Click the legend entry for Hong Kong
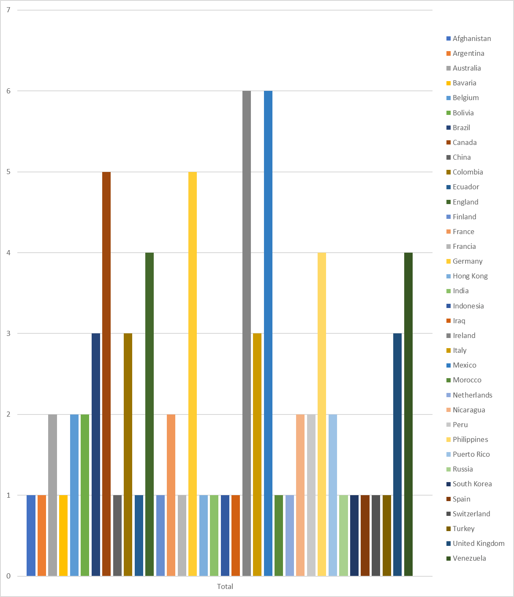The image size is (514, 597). pos(470,276)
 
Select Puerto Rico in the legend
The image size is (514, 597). pos(471,454)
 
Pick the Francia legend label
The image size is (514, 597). pos(464,246)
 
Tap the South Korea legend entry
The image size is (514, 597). pos(472,484)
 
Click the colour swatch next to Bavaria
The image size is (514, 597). pos(449,83)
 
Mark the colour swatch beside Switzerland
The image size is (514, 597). pos(449,514)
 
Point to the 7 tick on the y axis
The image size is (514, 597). pos(8,10)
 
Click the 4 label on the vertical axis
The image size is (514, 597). pos(8,253)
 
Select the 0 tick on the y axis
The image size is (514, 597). pos(8,576)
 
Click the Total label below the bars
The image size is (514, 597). pos(225,586)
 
